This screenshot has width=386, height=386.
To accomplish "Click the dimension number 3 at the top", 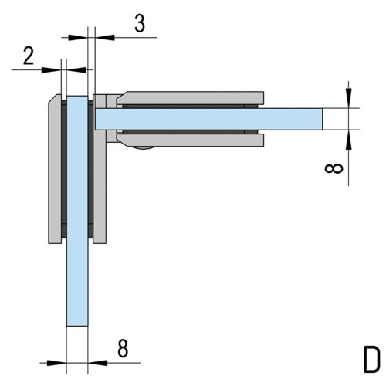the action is (x=140, y=24).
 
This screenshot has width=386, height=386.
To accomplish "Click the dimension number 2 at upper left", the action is (x=29, y=56).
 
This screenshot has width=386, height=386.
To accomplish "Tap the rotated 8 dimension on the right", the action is (x=334, y=168).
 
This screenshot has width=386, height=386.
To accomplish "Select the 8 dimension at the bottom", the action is (x=123, y=348).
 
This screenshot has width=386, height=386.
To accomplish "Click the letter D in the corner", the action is (x=371, y=359).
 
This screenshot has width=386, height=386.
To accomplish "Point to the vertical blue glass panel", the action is (x=77, y=211).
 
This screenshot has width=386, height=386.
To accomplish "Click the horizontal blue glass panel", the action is (x=208, y=119).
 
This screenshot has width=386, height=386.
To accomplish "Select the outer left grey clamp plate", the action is (x=55, y=170).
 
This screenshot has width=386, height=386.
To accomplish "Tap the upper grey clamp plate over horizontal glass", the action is (x=191, y=98).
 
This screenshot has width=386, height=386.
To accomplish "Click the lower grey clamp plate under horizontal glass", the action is (x=191, y=141).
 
